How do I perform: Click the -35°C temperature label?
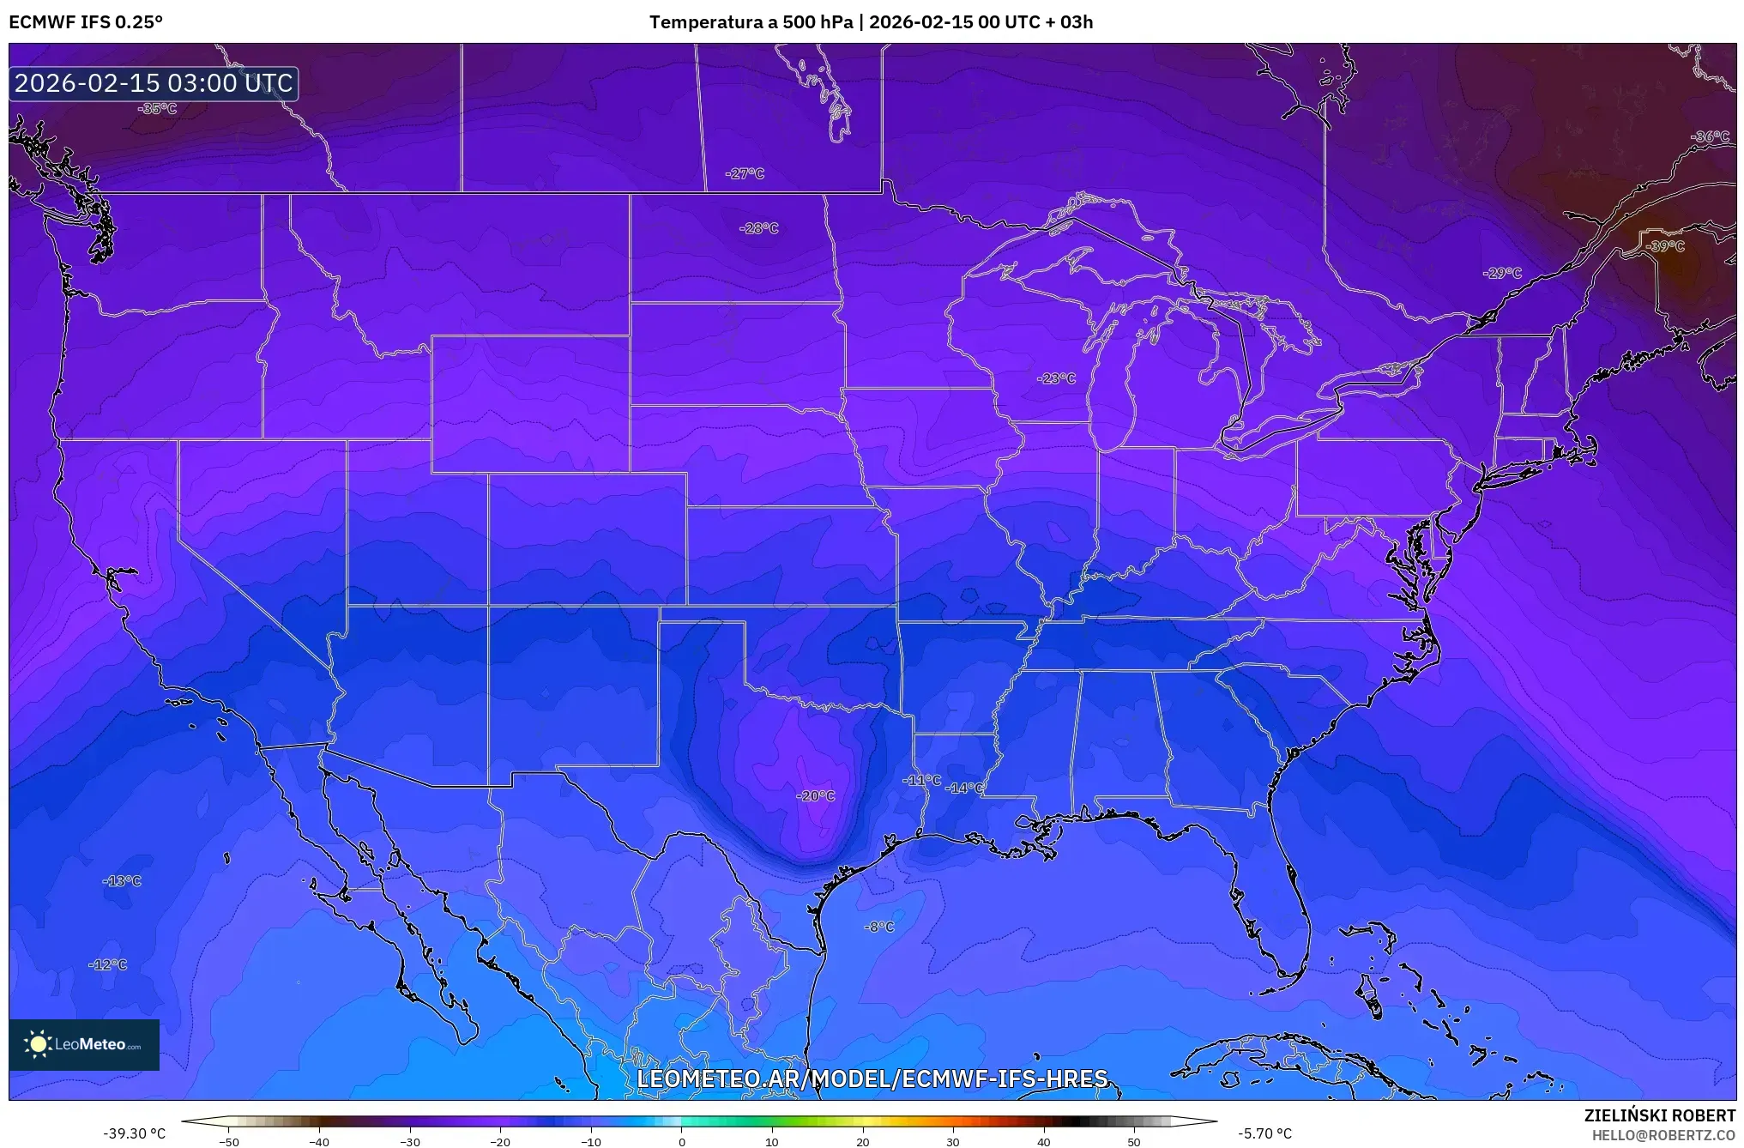(158, 109)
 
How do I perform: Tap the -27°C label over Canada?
(745, 173)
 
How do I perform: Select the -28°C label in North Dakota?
(759, 228)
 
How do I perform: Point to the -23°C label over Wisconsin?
(1056, 378)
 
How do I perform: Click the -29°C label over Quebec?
(1502, 273)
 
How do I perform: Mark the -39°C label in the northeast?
(1665, 246)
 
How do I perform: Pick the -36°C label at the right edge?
(1710, 136)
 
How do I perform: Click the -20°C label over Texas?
(816, 796)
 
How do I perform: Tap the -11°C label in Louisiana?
(922, 780)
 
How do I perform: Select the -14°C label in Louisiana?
(964, 788)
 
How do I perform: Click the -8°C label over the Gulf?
(879, 927)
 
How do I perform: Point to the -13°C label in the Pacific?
(122, 881)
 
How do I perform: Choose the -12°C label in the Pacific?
(108, 964)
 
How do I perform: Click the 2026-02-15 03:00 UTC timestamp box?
(154, 83)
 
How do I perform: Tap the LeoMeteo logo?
(84, 1044)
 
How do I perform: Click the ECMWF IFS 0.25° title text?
(86, 21)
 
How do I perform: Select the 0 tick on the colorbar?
(682, 1141)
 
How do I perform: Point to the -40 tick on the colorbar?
(319, 1141)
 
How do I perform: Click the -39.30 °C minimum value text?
(135, 1133)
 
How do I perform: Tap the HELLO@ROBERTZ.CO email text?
(1663, 1135)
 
